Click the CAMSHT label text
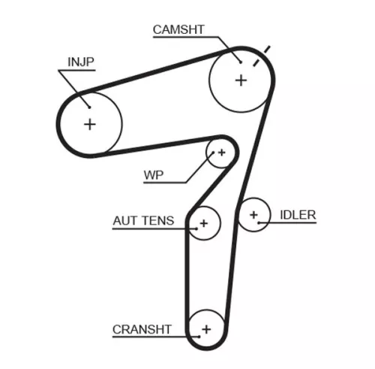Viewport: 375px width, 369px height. pyautogui.click(x=178, y=30)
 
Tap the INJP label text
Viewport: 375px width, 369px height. pyautogui.click(x=81, y=62)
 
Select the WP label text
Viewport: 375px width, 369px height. pyautogui.click(x=154, y=177)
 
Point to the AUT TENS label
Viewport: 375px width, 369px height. pyautogui.click(x=143, y=221)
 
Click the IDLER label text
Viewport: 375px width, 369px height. pyautogui.click(x=298, y=215)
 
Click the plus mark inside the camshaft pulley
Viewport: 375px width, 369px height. pyautogui.click(x=241, y=79)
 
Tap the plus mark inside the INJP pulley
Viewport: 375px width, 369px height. pyautogui.click(x=90, y=123)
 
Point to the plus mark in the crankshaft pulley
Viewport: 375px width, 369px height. pyautogui.click(x=206, y=328)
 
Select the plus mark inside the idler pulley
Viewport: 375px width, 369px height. pyautogui.click(x=254, y=216)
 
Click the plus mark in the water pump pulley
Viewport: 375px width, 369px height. pyautogui.click(x=220, y=153)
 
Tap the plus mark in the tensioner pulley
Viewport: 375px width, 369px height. pyautogui.click(x=203, y=223)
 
